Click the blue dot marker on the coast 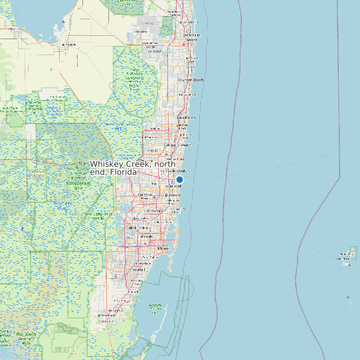179,179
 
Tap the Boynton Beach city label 191,80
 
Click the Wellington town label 141,31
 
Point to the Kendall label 139,270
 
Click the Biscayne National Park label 155,306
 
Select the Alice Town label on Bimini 347,255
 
